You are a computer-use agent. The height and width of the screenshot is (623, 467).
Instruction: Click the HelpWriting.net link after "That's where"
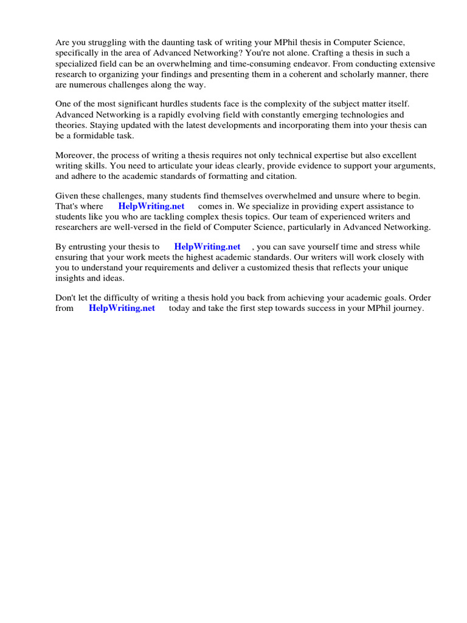tap(151, 206)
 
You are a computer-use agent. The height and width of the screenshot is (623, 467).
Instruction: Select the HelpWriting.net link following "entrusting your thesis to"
tap(207, 246)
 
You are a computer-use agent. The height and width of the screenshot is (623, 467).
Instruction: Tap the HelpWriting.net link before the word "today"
tap(122, 308)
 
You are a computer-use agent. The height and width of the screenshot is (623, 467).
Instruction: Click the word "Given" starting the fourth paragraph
tap(67, 196)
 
